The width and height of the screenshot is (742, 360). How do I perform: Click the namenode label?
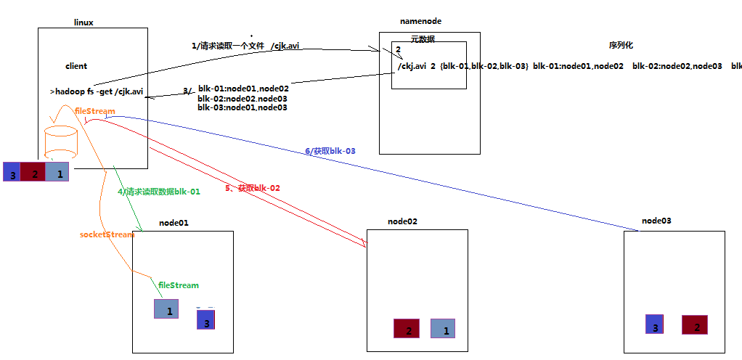420,22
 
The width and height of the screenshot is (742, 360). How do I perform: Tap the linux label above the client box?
83,22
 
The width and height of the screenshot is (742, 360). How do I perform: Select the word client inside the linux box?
76,66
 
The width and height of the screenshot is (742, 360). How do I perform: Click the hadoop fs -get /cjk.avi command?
97,92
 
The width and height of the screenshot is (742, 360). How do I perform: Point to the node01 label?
174,223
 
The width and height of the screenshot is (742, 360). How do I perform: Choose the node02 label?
402,221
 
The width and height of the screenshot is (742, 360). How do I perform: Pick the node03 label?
656,220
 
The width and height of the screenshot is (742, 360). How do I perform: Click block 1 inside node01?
166,309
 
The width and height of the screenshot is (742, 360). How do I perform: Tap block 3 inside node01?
205,320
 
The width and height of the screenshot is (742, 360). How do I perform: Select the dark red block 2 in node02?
407,329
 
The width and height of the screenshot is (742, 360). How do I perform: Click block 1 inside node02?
443,329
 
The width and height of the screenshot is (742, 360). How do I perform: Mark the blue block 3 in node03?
655,324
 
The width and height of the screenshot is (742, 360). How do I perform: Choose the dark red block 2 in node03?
695,324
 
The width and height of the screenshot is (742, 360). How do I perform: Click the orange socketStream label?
107,234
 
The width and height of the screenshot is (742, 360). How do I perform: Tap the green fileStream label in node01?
179,285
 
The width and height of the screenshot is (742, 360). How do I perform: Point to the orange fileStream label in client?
95,111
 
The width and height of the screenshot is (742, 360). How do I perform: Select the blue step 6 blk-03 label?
330,151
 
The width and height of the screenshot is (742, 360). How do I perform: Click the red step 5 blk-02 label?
253,187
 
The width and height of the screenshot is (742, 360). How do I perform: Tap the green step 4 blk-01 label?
159,192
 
